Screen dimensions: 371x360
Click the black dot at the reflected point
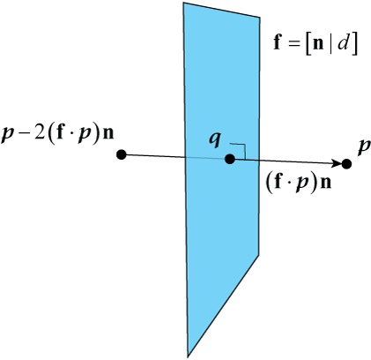[x=122, y=154]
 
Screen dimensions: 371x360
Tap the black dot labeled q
[x=230, y=159]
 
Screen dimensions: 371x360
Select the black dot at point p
[x=346, y=164]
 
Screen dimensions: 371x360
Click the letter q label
[x=215, y=140]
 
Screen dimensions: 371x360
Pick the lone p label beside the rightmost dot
[x=364, y=147]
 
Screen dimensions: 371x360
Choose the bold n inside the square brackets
[x=319, y=46]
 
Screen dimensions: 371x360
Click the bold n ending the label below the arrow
[x=325, y=184]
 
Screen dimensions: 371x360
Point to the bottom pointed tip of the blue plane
[x=188, y=356]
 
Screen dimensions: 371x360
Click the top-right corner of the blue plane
[x=260, y=18]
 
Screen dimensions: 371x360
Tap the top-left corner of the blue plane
[x=183, y=3]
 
